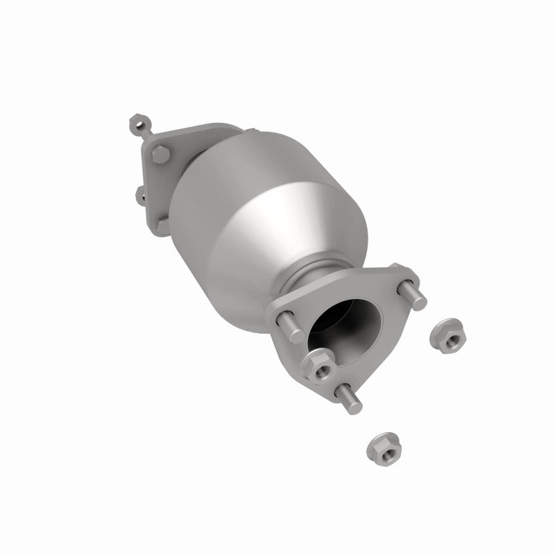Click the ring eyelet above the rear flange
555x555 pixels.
(137, 126)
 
